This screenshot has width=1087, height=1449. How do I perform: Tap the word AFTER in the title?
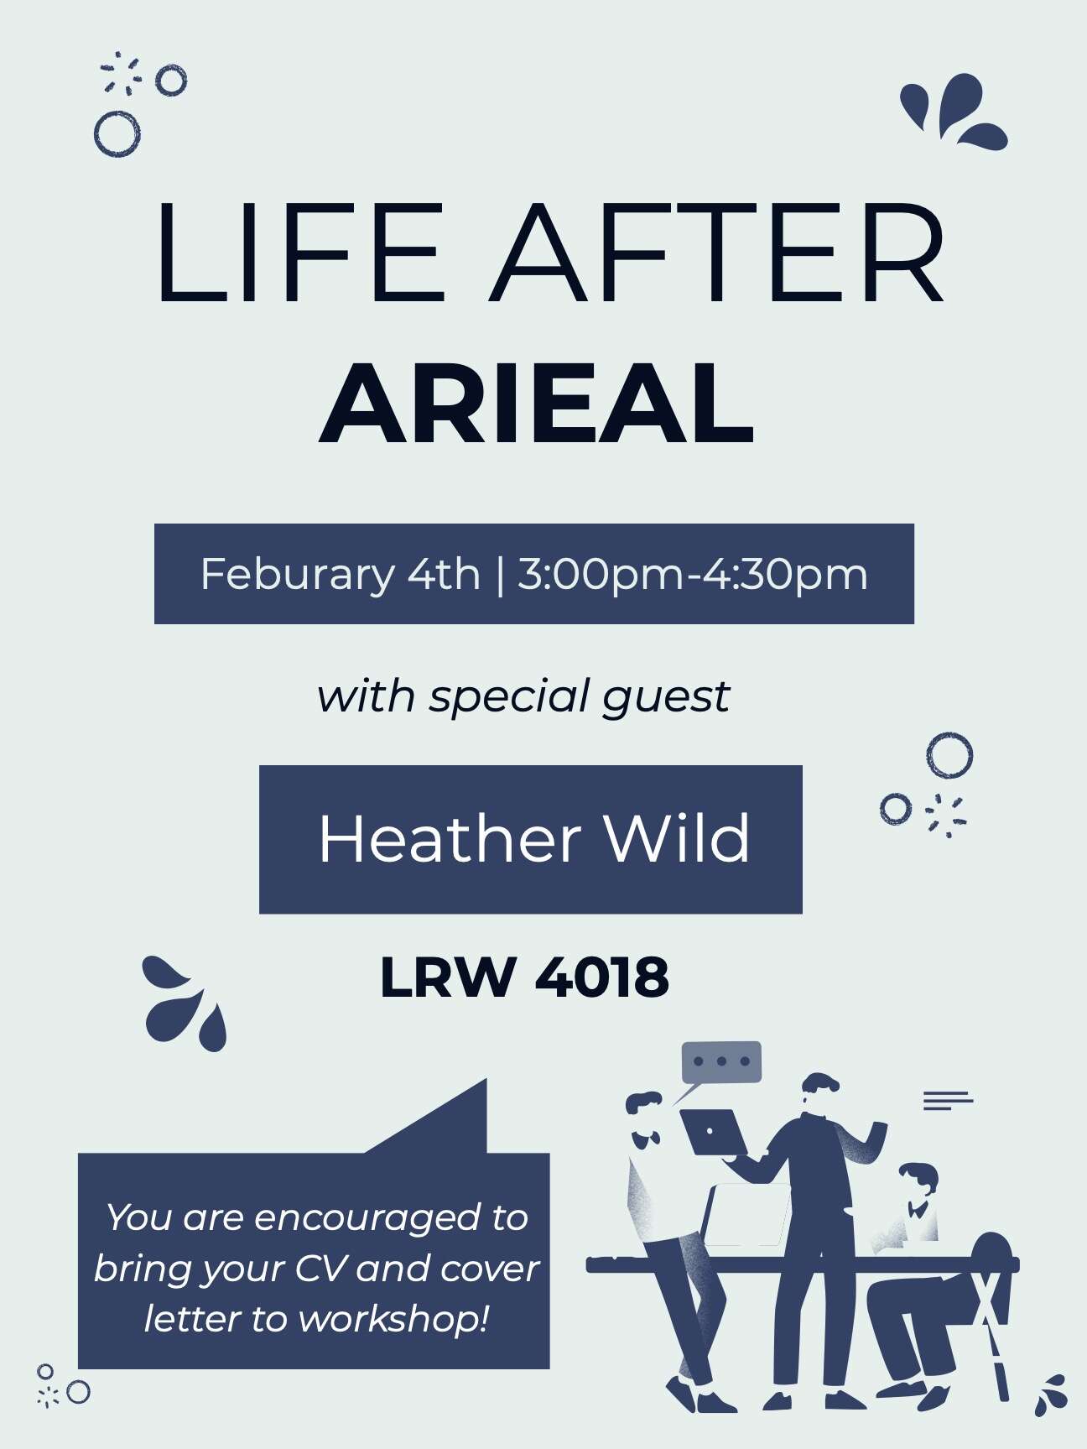[718, 252]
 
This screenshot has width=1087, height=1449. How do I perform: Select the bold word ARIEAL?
[537, 404]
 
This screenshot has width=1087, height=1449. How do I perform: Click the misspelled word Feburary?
[297, 575]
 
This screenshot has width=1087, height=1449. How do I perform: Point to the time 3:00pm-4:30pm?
[692, 575]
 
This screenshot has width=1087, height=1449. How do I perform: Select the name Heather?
[450, 839]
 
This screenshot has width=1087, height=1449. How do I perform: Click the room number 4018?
[602, 977]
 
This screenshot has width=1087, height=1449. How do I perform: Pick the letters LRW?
[447, 977]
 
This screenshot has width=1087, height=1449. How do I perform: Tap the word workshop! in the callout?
[393, 1320]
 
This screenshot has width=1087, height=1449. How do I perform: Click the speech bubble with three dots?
[721, 1062]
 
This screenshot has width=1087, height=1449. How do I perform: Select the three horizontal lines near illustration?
[948, 1100]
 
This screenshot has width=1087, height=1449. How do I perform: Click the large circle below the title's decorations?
[117, 134]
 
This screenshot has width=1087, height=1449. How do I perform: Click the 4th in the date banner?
[444, 575]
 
